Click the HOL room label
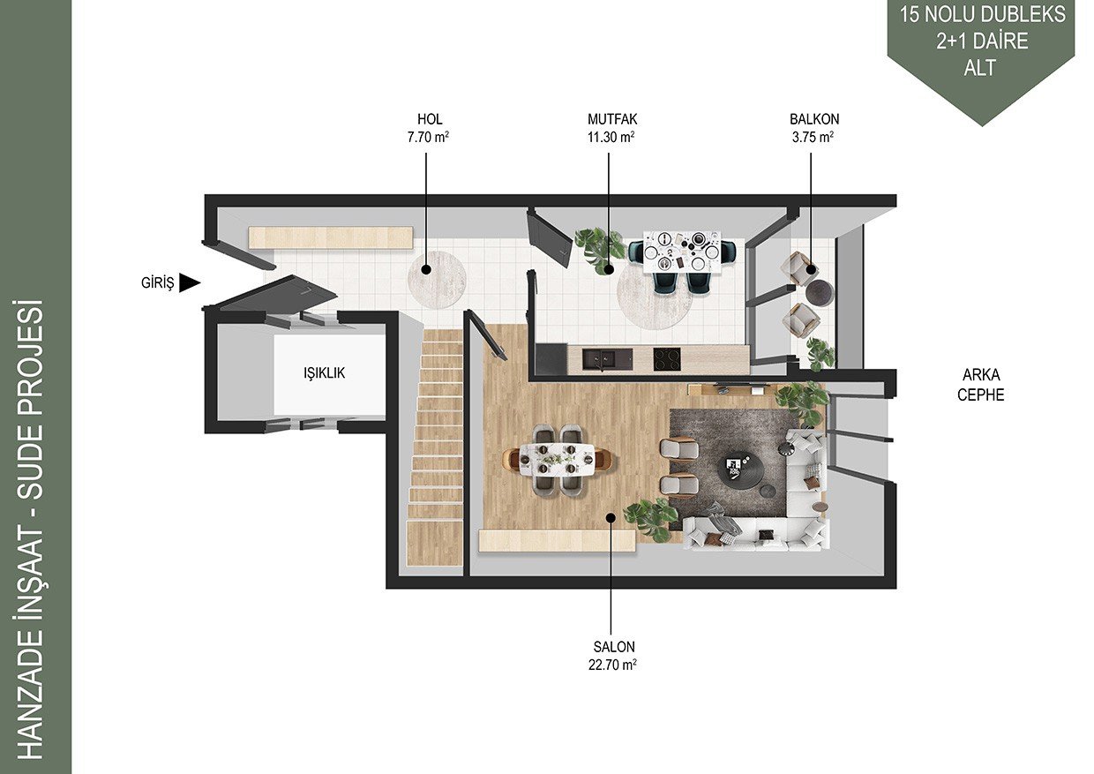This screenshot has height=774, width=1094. (x=430, y=119)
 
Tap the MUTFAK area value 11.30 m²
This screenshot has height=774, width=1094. (x=611, y=138)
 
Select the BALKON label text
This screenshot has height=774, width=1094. (x=814, y=119)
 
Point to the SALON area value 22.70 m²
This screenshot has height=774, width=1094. (x=612, y=665)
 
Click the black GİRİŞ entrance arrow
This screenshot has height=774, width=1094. (x=189, y=282)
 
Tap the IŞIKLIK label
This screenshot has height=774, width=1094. (x=325, y=372)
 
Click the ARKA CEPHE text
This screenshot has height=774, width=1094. (x=981, y=385)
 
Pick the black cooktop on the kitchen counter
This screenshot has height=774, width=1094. (x=667, y=359)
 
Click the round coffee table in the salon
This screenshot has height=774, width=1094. (x=739, y=470)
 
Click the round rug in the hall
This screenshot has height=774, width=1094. (x=437, y=280)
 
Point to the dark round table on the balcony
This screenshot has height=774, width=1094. (x=819, y=292)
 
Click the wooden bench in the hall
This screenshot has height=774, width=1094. (x=331, y=237)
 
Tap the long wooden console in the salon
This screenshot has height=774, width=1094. (x=557, y=540)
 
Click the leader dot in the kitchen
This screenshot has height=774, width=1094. (x=609, y=269)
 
